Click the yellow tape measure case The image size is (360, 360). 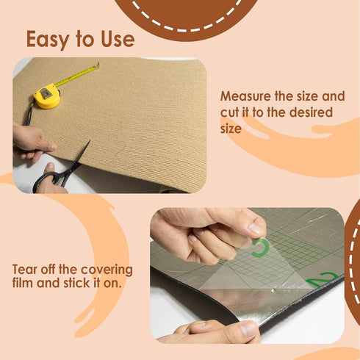[47, 96]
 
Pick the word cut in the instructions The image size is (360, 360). [229, 112]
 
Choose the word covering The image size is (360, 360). [106, 270]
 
